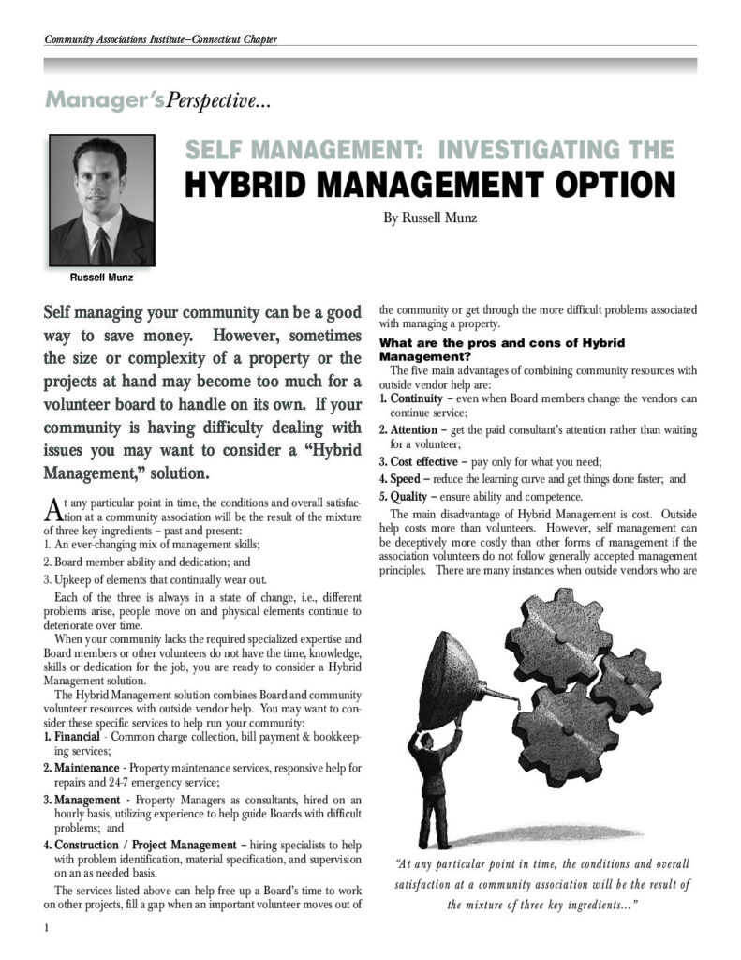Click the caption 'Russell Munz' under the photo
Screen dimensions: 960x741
(100, 277)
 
